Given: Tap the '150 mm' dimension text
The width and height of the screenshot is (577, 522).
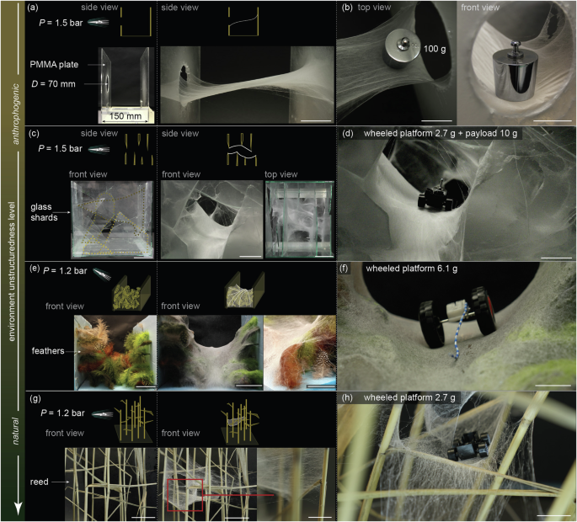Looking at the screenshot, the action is tap(126, 116).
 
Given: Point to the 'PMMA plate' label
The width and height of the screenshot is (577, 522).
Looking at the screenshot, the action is tap(54, 65).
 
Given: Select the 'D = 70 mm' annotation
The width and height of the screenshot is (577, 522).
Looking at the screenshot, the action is tap(53, 84).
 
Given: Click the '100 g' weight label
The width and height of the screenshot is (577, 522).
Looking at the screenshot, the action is tap(435, 49).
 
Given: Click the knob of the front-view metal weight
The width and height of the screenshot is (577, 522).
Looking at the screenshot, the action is tap(515, 46).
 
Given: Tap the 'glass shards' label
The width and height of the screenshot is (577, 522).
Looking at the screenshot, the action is tap(44, 212).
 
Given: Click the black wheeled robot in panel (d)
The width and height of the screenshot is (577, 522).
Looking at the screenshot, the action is tap(435, 199).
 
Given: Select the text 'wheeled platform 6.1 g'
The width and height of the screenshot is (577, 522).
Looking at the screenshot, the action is tap(411, 269).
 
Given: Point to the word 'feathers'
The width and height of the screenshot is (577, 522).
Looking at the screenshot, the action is tap(48, 351).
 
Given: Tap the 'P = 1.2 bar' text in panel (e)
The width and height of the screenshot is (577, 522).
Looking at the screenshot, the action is tap(65, 271).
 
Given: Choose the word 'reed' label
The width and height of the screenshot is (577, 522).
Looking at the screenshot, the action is tap(39, 482).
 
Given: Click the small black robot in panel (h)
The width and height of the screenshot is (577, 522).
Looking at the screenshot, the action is tap(467, 446).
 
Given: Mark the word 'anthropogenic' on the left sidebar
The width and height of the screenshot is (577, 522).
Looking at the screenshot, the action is tap(16, 114).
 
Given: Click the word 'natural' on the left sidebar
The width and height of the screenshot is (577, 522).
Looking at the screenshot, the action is tap(16, 431).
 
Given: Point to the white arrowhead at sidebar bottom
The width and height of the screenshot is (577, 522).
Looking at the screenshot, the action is tap(19, 509).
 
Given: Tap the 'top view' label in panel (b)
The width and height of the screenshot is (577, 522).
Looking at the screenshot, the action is tap(374, 8).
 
